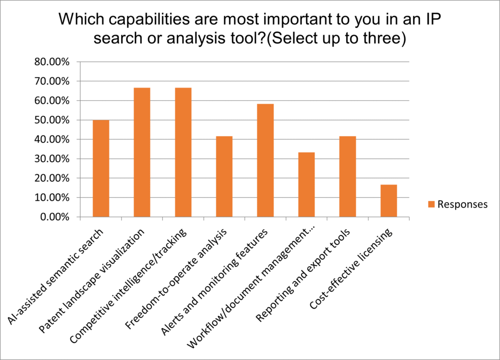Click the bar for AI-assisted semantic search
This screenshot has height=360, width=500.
101,169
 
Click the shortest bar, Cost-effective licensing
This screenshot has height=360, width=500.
389,201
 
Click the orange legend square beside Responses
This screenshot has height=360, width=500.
431,204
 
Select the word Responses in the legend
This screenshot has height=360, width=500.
462,204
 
